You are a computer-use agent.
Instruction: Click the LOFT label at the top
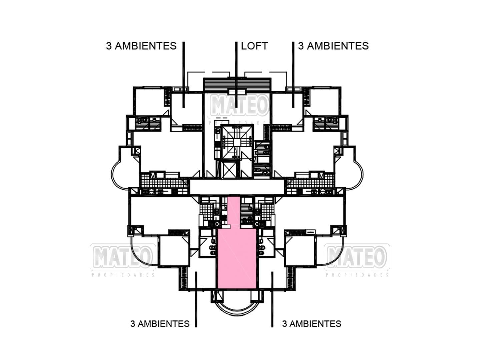254,46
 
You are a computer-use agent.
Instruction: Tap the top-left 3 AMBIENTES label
141,46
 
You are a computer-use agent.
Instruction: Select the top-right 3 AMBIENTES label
333,46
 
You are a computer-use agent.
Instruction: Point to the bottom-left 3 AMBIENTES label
160,324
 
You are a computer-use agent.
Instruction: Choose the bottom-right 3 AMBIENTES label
312,324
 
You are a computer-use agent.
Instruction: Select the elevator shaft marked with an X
227,169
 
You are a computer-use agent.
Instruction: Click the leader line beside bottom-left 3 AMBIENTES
196,300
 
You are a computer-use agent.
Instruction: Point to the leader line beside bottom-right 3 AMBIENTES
272,300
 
